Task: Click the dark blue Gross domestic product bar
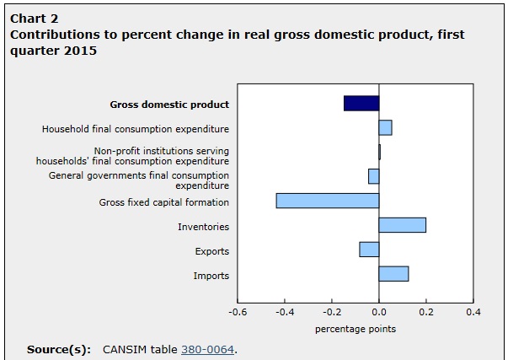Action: tap(361, 103)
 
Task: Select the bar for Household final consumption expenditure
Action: tap(385, 127)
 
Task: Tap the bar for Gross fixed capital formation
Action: tap(328, 201)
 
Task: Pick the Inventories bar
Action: tap(402, 225)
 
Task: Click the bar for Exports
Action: tap(369, 250)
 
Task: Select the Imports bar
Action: tap(393, 274)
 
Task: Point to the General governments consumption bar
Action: tap(374, 176)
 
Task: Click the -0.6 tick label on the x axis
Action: tap(238, 312)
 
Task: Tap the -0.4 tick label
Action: tap(286, 312)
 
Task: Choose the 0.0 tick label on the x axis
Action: tap(379, 312)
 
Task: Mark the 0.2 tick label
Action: tap(426, 312)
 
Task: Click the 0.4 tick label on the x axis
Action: tap(473, 312)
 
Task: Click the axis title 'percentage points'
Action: tap(355, 329)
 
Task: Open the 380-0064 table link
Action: tap(207, 348)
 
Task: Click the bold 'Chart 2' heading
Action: tap(35, 18)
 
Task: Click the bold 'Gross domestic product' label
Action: tap(169, 105)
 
